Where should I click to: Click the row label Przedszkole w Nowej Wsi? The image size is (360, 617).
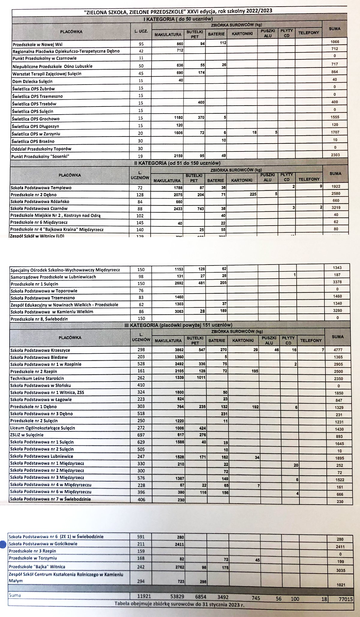coord(37,44)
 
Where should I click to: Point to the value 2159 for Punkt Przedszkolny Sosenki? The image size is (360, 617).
coord(176,156)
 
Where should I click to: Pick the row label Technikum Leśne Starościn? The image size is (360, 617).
coord(37,378)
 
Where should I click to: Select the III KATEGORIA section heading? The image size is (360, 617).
coord(178,325)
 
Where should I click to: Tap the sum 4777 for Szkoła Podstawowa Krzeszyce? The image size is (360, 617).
coord(337,350)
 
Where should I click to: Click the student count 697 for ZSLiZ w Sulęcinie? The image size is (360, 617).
coord(141,435)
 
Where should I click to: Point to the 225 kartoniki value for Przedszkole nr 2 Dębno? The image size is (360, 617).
coord(253,194)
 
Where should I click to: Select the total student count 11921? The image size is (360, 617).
coord(144,597)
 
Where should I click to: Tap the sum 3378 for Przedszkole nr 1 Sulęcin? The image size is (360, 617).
coord(337,282)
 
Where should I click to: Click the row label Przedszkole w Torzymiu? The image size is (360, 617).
coord(33,558)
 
